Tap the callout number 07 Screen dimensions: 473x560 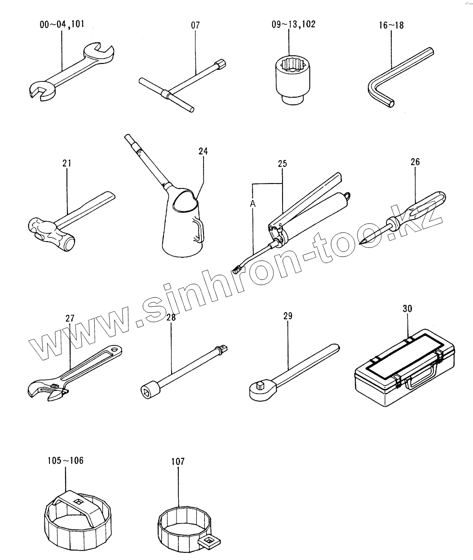[195, 25]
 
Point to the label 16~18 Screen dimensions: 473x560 [391, 25]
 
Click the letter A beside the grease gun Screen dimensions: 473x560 [253, 204]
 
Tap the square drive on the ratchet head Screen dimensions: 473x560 [259, 385]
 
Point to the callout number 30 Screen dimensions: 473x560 [407, 309]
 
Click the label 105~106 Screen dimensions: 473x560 [65, 460]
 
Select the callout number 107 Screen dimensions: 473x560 [177, 461]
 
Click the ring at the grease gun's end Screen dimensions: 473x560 [348, 196]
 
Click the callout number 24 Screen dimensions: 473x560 [203, 151]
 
